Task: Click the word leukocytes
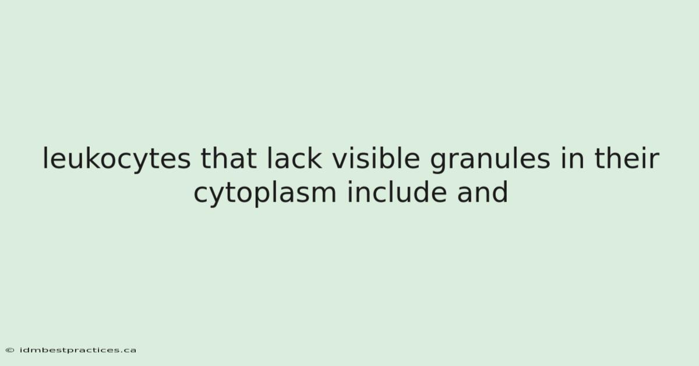click(x=116, y=159)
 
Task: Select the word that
click(x=228, y=159)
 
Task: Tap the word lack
click(x=294, y=158)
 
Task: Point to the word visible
click(x=376, y=158)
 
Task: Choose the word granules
click(x=490, y=159)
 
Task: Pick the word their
click(x=627, y=158)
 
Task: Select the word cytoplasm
click(x=265, y=193)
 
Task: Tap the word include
click(x=397, y=192)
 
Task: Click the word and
click(x=482, y=192)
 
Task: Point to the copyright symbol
click(x=10, y=350)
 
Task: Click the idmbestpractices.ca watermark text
click(x=77, y=350)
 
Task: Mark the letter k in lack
click(x=313, y=158)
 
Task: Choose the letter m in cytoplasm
click(x=323, y=195)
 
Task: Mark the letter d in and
click(x=500, y=192)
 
